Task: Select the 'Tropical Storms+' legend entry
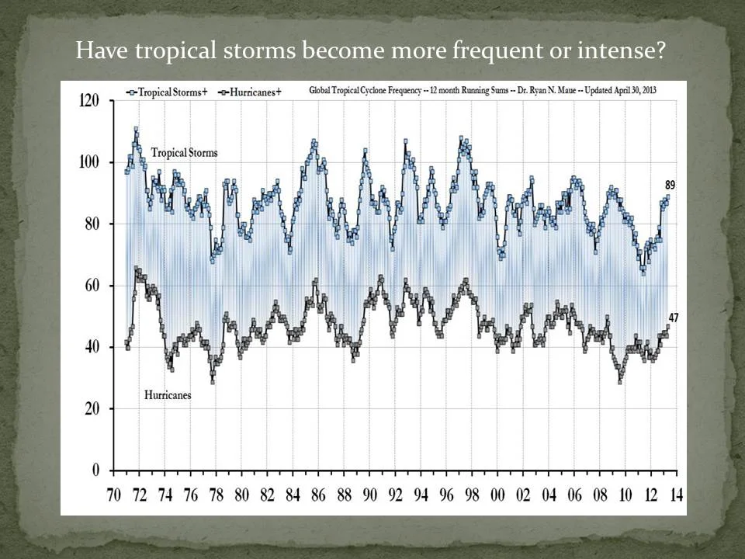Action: click(x=168, y=92)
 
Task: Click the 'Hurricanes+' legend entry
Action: click(x=250, y=92)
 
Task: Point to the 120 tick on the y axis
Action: click(x=88, y=101)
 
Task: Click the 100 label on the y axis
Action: click(x=88, y=162)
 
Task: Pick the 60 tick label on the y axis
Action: click(x=92, y=285)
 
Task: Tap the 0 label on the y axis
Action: click(x=95, y=470)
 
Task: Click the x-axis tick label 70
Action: click(x=113, y=495)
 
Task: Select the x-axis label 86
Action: click(x=318, y=495)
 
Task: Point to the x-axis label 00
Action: click(x=497, y=495)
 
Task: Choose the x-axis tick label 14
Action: click(x=676, y=495)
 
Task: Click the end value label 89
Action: click(x=670, y=186)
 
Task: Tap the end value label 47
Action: click(x=674, y=318)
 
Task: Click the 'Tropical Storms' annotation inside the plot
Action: click(x=185, y=153)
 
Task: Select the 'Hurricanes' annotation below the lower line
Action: click(x=168, y=395)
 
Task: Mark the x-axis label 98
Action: click(x=472, y=495)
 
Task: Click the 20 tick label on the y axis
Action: click(x=92, y=408)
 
